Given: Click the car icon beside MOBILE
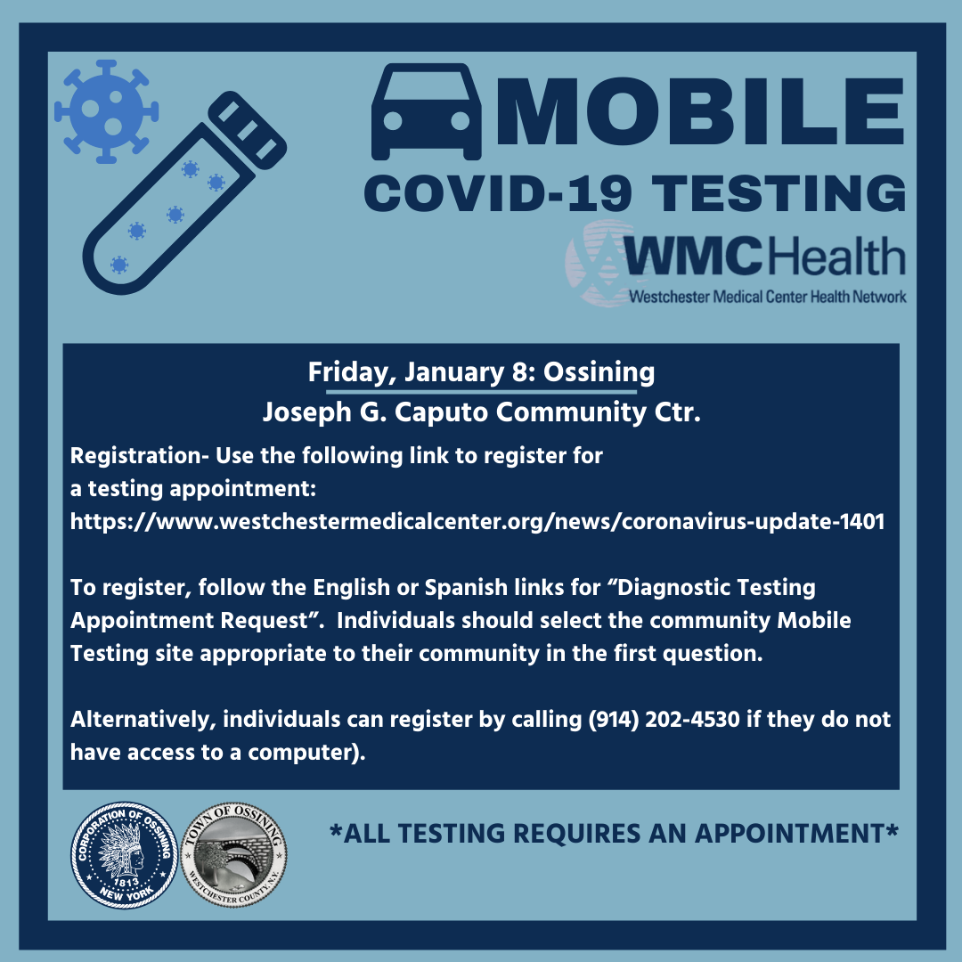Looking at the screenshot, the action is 426,111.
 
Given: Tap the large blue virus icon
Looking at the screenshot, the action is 106,111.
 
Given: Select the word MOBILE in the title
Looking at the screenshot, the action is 700,111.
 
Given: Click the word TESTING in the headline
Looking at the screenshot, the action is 779,193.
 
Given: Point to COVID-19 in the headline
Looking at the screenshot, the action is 499,193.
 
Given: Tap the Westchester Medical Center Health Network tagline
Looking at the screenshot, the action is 767,297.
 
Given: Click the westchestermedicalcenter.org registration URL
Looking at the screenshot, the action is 477,521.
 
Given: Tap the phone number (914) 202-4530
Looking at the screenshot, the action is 664,719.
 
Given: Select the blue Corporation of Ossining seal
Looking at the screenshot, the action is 125,855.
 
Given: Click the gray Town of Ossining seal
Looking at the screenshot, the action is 233,855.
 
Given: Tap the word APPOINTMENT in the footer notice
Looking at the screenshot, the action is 789,834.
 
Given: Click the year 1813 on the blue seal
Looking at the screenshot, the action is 126,882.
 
